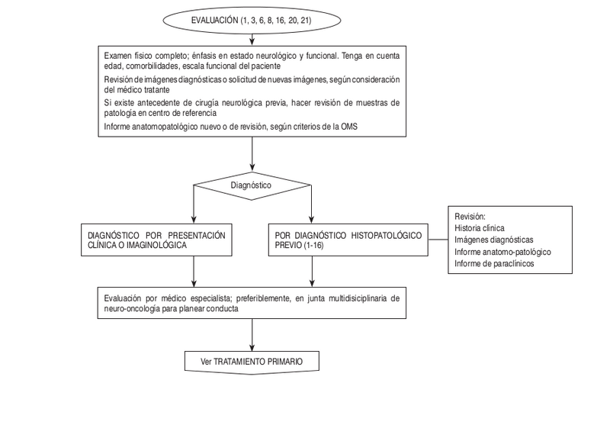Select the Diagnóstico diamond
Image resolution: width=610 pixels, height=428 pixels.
[252, 185]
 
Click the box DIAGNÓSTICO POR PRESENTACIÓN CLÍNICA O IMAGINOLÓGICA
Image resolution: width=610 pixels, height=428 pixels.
[157, 240]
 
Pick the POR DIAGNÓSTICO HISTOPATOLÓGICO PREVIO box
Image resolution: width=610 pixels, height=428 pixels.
[347, 240]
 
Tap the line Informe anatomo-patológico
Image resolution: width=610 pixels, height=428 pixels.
[502, 252]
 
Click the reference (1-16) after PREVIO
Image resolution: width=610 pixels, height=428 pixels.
[313, 246]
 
